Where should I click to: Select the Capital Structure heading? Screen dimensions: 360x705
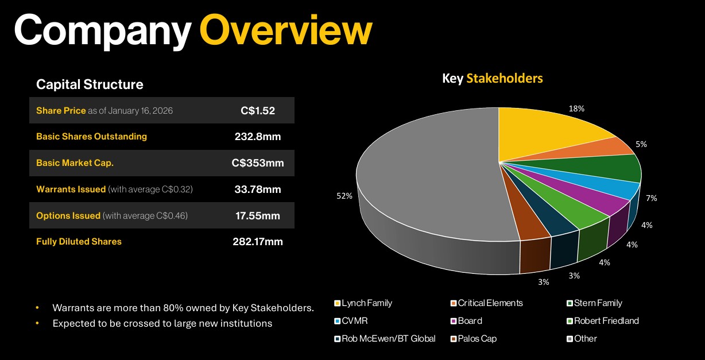coord(90,84)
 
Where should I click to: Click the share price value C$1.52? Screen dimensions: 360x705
coord(258,110)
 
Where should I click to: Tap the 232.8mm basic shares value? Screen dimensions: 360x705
coord(258,137)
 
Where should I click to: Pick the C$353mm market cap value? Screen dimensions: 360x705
coord(258,163)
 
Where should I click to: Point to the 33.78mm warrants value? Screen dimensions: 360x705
coord(258,189)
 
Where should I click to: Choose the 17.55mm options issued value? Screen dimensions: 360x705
coord(258,215)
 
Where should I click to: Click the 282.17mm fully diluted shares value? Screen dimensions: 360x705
coord(258,242)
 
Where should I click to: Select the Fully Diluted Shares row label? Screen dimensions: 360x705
coord(79,242)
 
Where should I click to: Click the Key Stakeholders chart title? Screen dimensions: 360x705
coord(492,78)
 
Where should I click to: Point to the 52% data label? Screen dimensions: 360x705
coord(344,196)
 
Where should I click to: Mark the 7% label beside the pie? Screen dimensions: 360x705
coord(651,198)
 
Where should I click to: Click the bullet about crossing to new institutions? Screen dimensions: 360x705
coord(162,323)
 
